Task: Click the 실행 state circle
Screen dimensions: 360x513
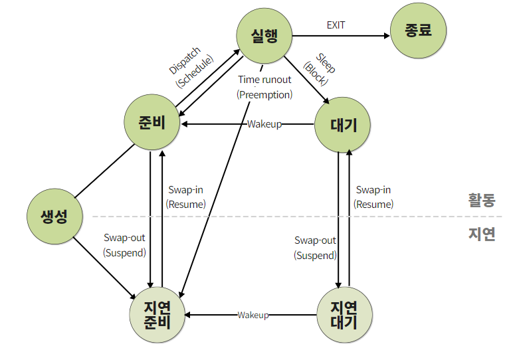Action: (x=264, y=37)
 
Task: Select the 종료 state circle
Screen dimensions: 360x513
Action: (x=418, y=31)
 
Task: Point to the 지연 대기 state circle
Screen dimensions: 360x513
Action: (x=344, y=315)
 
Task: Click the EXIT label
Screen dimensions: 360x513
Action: (x=336, y=25)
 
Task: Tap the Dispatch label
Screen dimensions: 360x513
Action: (x=185, y=60)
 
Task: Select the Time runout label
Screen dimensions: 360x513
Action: (x=264, y=80)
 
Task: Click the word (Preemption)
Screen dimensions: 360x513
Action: (x=264, y=95)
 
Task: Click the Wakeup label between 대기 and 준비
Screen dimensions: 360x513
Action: (x=264, y=124)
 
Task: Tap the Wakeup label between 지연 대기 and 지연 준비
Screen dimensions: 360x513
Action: (x=253, y=315)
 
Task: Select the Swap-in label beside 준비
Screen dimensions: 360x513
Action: (x=186, y=189)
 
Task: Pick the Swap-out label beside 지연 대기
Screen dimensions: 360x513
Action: (x=316, y=240)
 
